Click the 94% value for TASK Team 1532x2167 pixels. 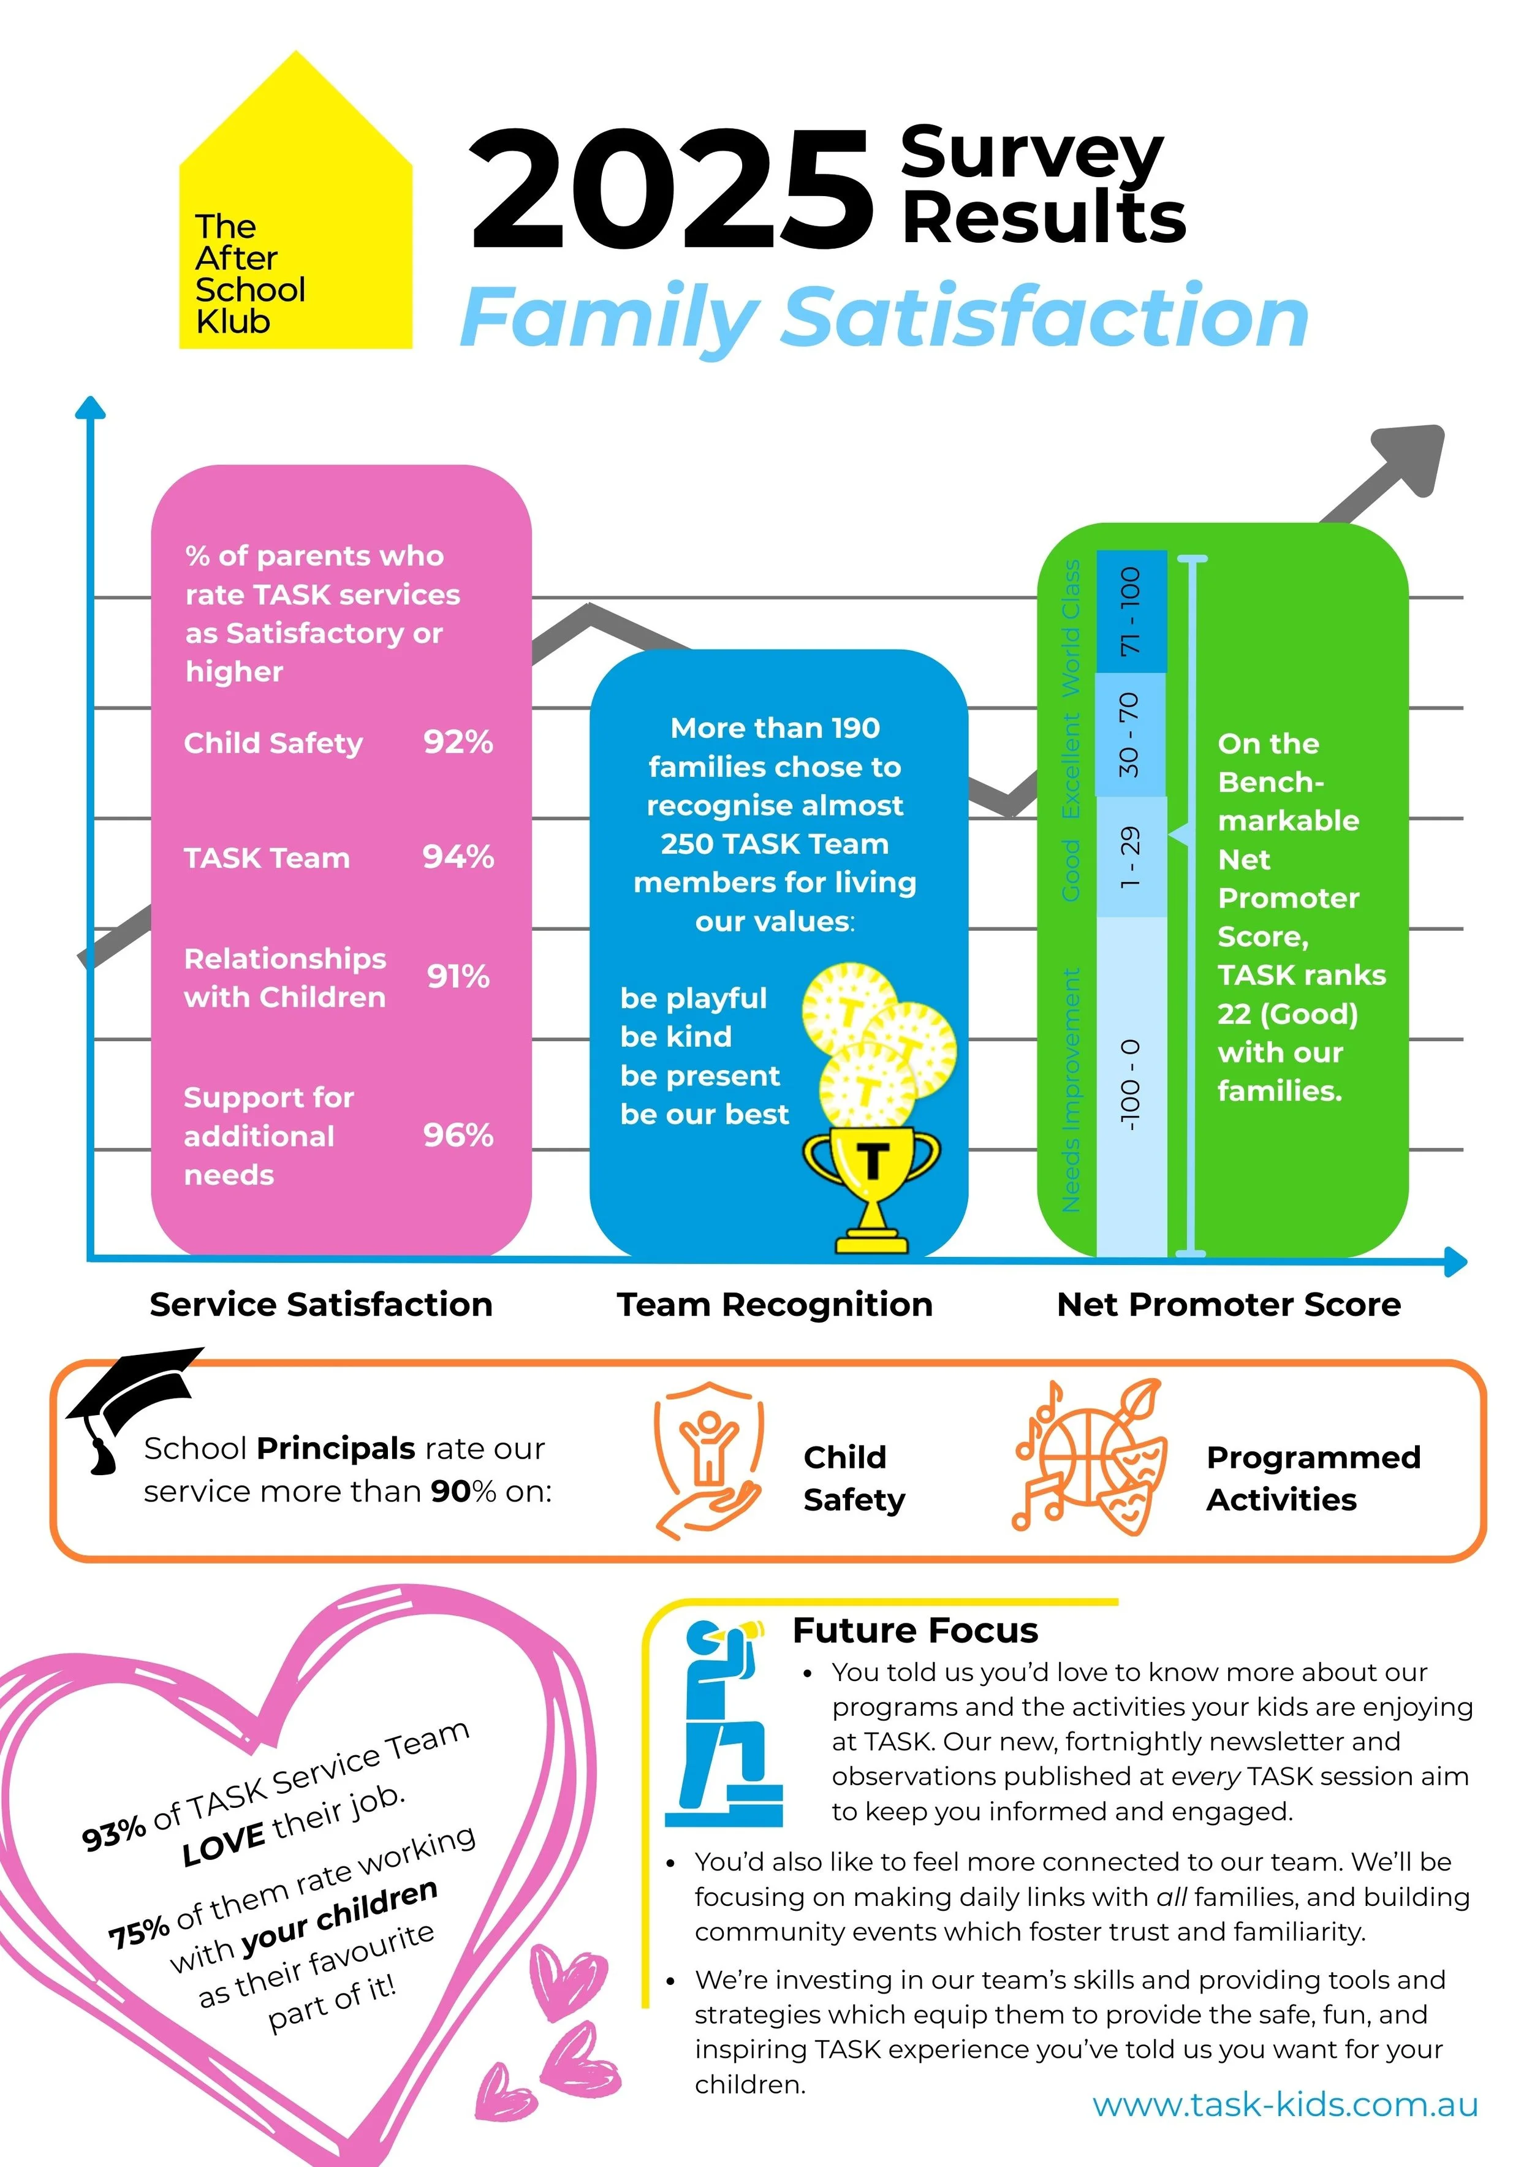[458, 857]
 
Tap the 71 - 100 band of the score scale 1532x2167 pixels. [1131, 612]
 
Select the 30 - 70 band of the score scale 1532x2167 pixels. [1131, 734]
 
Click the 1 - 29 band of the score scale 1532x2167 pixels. [1131, 856]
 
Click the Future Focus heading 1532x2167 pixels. [915, 1631]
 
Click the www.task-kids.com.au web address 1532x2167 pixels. [1284, 2104]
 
